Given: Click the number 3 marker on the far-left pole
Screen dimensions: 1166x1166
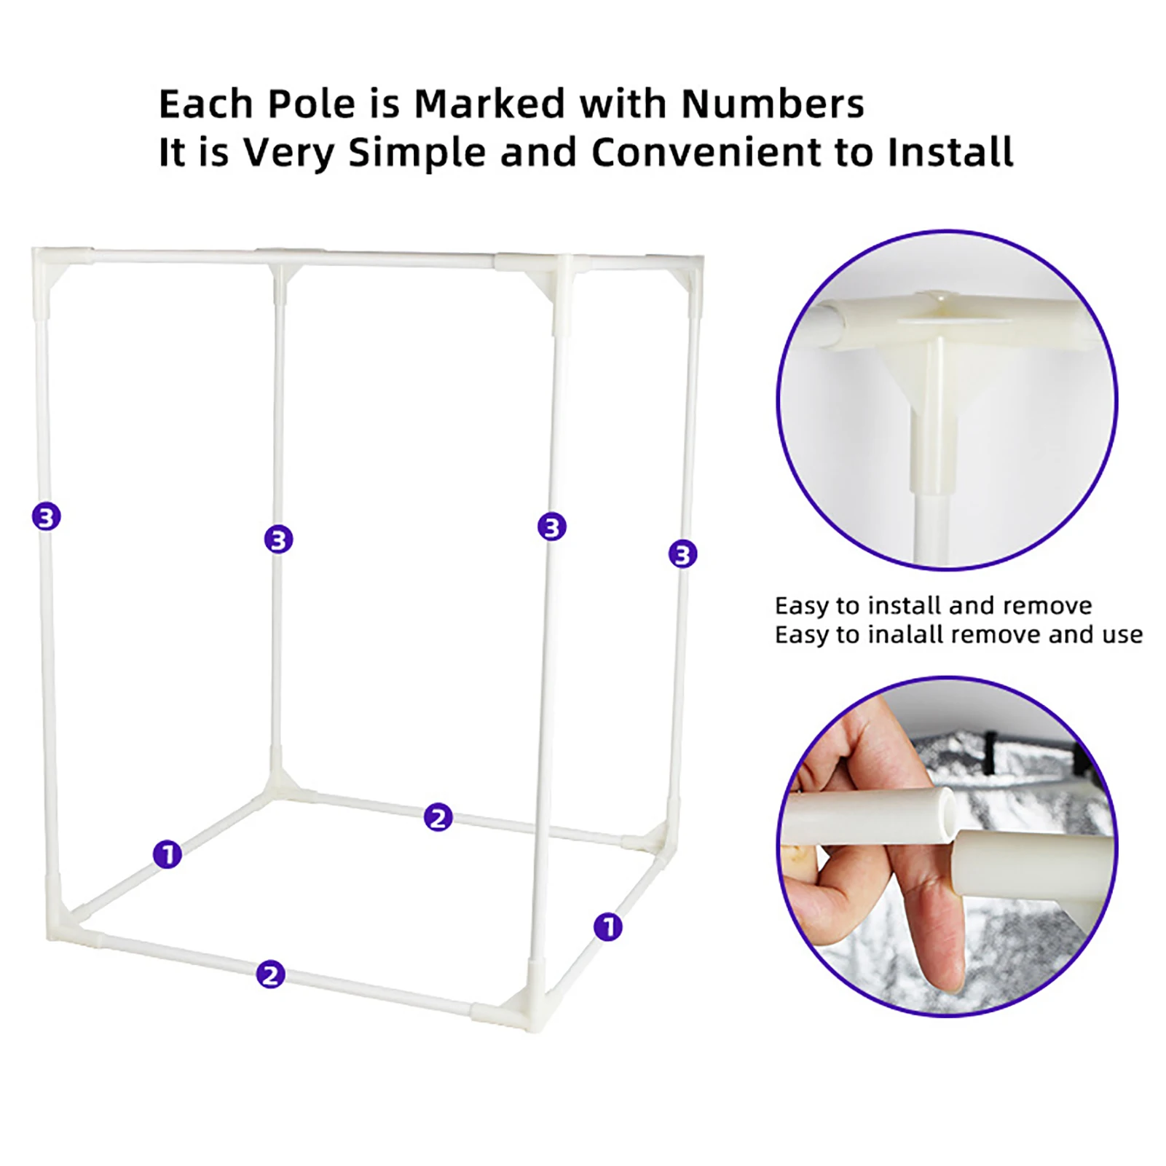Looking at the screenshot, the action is (47, 517).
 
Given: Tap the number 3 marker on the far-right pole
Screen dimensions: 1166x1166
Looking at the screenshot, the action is (682, 554).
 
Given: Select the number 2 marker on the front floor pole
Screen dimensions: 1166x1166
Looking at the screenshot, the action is (270, 974).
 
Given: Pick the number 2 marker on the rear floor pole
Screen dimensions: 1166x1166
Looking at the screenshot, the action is (438, 817).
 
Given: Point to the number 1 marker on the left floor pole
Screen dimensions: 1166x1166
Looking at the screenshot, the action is (168, 854).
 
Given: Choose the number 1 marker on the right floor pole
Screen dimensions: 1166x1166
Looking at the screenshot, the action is (608, 927).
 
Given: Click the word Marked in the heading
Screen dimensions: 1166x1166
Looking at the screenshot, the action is (489, 103).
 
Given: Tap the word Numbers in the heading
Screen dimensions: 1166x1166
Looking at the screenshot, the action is (772, 103).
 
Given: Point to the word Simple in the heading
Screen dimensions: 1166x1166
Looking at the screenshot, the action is (417, 153).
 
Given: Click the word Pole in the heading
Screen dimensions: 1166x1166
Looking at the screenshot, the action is (312, 103).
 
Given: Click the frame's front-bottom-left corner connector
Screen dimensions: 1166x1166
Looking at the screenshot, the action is (69, 918).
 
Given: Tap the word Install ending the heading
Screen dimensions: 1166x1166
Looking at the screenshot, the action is (950, 152).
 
